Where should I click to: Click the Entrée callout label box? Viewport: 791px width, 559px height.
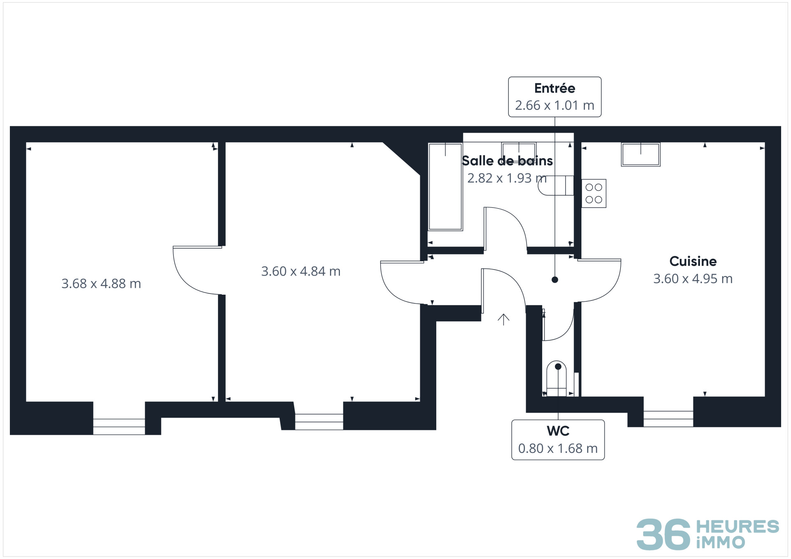pos(555,97)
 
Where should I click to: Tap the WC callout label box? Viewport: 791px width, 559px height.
pos(558,440)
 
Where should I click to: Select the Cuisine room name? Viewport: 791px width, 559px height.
pos(693,261)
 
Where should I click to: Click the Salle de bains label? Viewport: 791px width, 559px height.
pos(507,161)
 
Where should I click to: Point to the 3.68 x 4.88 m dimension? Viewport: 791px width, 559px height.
pos(101,283)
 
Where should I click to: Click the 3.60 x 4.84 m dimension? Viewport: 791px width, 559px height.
pos(301,271)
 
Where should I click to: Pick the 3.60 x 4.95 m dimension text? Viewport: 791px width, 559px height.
pos(693,279)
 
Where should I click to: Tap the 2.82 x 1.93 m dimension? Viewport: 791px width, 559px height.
pos(507,178)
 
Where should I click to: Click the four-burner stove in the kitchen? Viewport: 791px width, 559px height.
pos(594,193)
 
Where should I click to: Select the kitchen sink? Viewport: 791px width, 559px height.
pos(641,154)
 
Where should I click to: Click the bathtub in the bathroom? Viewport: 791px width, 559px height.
pos(445,187)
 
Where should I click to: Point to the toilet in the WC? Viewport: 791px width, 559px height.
pos(556,379)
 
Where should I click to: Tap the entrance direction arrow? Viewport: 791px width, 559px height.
pos(503,319)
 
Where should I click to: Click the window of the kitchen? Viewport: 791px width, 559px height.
pos(668,419)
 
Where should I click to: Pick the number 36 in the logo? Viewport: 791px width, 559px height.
pos(663,534)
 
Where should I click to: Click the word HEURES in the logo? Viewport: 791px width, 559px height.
pos(737,526)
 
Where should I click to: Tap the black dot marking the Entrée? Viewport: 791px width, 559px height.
pos(555,280)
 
